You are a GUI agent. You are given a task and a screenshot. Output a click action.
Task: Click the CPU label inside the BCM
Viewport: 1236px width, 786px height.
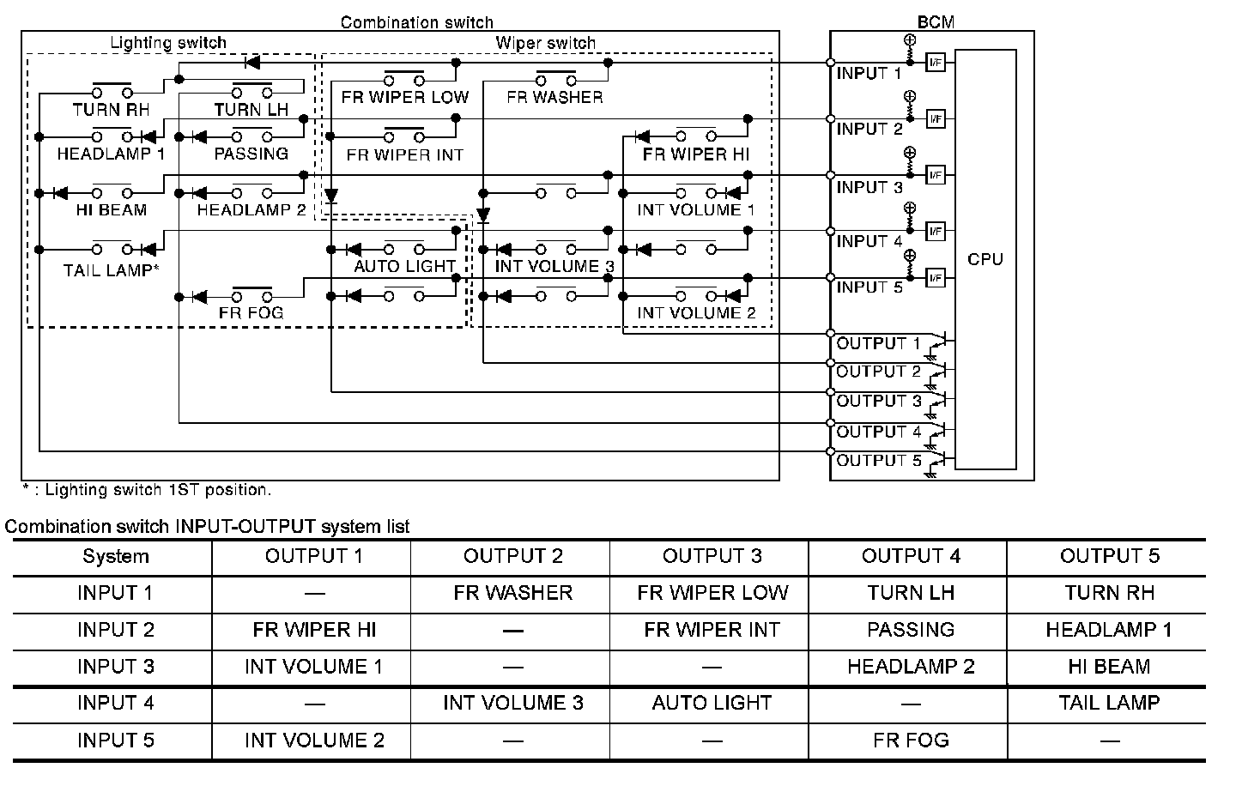click(985, 259)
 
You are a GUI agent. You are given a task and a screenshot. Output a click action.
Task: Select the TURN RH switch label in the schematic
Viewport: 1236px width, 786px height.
click(111, 110)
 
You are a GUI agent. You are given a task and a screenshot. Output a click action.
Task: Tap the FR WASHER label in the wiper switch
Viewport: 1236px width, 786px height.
click(554, 97)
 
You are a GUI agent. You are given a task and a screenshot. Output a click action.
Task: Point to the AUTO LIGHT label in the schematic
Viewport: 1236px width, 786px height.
click(404, 266)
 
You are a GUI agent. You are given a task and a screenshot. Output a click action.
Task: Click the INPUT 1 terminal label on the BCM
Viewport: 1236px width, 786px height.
click(869, 74)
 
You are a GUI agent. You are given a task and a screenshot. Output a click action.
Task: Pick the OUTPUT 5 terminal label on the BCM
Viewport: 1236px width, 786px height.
click(878, 461)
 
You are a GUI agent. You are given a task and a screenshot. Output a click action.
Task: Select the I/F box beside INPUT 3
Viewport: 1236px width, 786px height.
click(936, 175)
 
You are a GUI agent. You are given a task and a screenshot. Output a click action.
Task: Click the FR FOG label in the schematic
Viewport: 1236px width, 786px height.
click(251, 313)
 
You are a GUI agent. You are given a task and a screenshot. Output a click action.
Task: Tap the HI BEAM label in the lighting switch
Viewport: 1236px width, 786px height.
click(111, 210)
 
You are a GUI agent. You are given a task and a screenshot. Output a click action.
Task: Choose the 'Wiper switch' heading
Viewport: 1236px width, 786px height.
click(545, 43)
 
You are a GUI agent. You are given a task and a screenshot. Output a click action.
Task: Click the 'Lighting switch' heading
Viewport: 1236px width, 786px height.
click(168, 43)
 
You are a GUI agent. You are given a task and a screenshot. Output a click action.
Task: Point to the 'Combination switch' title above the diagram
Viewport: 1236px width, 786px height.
click(416, 22)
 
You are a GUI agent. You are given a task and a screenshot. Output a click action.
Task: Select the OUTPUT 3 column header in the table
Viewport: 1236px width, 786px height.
click(712, 556)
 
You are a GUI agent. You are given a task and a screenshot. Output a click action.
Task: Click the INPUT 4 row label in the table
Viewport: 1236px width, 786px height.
click(115, 704)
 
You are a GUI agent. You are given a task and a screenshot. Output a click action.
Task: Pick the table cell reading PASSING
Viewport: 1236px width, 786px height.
click(910, 630)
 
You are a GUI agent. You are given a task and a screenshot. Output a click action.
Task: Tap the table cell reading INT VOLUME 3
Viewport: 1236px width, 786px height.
click(512, 704)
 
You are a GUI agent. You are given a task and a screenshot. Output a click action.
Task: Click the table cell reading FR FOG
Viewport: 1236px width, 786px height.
click(910, 741)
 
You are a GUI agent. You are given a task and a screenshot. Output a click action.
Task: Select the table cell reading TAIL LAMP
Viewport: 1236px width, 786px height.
click(1108, 704)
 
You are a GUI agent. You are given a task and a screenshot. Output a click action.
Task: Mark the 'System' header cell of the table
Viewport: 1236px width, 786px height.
click(115, 556)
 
